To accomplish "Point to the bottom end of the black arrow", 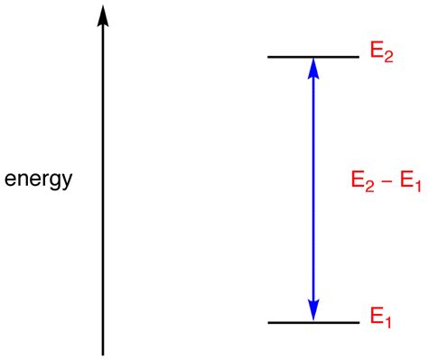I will pos(103,353).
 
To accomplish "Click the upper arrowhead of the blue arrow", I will pos(313,67).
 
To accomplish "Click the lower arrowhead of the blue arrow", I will pos(313,312).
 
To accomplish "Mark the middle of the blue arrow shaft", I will pos(313,189).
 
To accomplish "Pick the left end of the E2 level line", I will pos(268,58).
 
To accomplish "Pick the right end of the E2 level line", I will pos(358,58).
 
